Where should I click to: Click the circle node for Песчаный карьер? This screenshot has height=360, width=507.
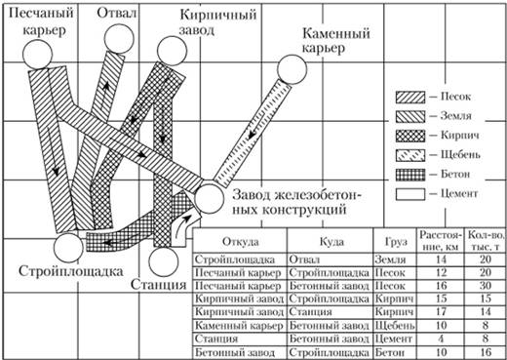coord(38,55)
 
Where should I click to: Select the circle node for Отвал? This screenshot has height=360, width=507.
coord(119,38)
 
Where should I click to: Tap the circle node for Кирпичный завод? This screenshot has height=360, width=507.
coord(172,51)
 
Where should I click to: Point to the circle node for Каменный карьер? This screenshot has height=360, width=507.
coord(292,69)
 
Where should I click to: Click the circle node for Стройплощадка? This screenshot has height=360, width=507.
coord(68,248)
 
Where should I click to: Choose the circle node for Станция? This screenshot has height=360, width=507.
coord(164,261)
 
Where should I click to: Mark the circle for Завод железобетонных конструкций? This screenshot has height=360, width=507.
coord(210,199)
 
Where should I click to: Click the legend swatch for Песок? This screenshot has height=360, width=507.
coord(410,98)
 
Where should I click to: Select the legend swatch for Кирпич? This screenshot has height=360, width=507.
coord(410,136)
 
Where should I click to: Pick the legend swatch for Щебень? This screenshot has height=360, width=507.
coord(410,155)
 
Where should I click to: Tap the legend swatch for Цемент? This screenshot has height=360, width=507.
coord(410,194)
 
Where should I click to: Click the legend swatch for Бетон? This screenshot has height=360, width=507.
coord(410,175)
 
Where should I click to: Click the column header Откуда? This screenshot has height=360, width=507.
coord(241,242)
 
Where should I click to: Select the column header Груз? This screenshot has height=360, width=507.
coord(396,242)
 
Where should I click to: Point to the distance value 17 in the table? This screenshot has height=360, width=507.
coord(441,311)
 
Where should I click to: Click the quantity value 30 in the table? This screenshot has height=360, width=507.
coord(486,285)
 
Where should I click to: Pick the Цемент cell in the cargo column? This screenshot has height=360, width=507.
coord(394,339)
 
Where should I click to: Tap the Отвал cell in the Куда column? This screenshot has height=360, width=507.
coord(304,260)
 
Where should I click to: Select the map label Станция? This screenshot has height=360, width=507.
coord(159,285)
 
